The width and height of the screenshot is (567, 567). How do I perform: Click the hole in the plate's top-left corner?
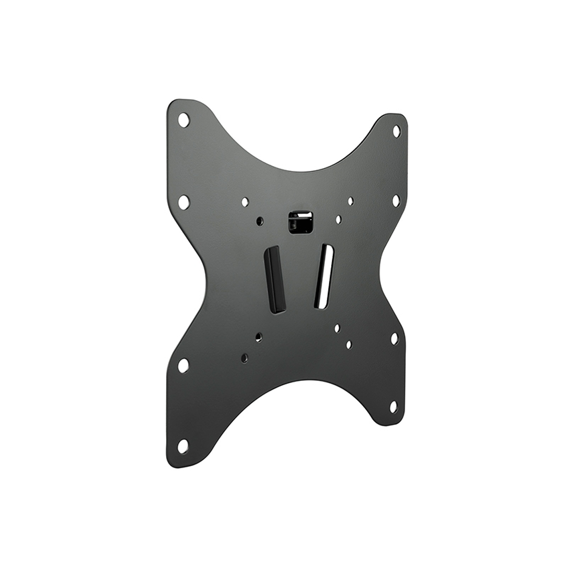[183, 120]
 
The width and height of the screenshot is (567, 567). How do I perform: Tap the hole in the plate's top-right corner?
[396, 131]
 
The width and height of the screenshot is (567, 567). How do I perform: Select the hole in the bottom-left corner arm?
[182, 446]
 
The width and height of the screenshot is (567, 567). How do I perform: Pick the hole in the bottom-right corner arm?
[393, 407]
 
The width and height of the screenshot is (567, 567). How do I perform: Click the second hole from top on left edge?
[183, 202]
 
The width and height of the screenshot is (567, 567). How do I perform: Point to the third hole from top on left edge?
[183, 365]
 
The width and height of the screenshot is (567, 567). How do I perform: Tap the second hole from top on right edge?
[396, 201]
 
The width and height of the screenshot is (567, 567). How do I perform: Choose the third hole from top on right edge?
[394, 338]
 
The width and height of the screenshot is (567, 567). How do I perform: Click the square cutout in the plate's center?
[301, 222]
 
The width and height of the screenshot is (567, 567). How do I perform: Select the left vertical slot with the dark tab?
[275, 279]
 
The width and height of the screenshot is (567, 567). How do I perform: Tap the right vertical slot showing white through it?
[324, 276]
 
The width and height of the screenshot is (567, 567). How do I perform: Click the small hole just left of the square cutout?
[260, 221]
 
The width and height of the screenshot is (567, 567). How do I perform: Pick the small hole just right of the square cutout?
[338, 219]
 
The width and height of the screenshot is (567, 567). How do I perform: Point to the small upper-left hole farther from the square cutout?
[245, 202]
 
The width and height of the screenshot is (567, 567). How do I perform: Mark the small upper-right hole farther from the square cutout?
[350, 201]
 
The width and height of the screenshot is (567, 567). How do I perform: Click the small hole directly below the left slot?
[259, 337]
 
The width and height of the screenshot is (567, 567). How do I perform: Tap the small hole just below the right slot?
[337, 328]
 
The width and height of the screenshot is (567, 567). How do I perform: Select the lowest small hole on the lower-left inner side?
[244, 358]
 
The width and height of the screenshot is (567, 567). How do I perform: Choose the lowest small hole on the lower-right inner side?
[348, 345]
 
